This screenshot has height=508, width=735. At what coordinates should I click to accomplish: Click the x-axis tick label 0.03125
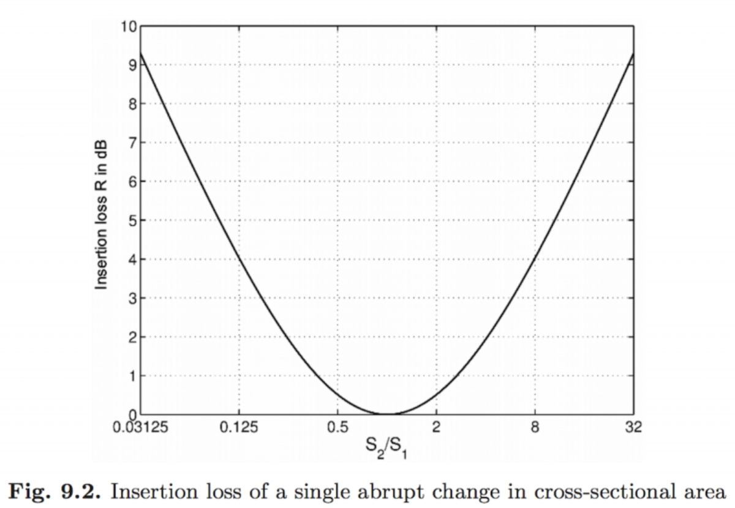142,427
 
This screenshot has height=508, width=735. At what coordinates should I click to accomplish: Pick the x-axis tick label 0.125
239,427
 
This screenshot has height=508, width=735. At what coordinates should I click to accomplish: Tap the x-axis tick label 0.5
337,427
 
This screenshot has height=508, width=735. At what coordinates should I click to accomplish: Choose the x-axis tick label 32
633,427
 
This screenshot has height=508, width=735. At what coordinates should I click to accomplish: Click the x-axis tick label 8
535,427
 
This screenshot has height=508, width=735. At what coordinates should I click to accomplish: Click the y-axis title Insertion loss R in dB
101,214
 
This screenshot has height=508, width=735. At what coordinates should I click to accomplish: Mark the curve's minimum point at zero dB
387,414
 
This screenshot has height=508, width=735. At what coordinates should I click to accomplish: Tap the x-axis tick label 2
436,427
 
